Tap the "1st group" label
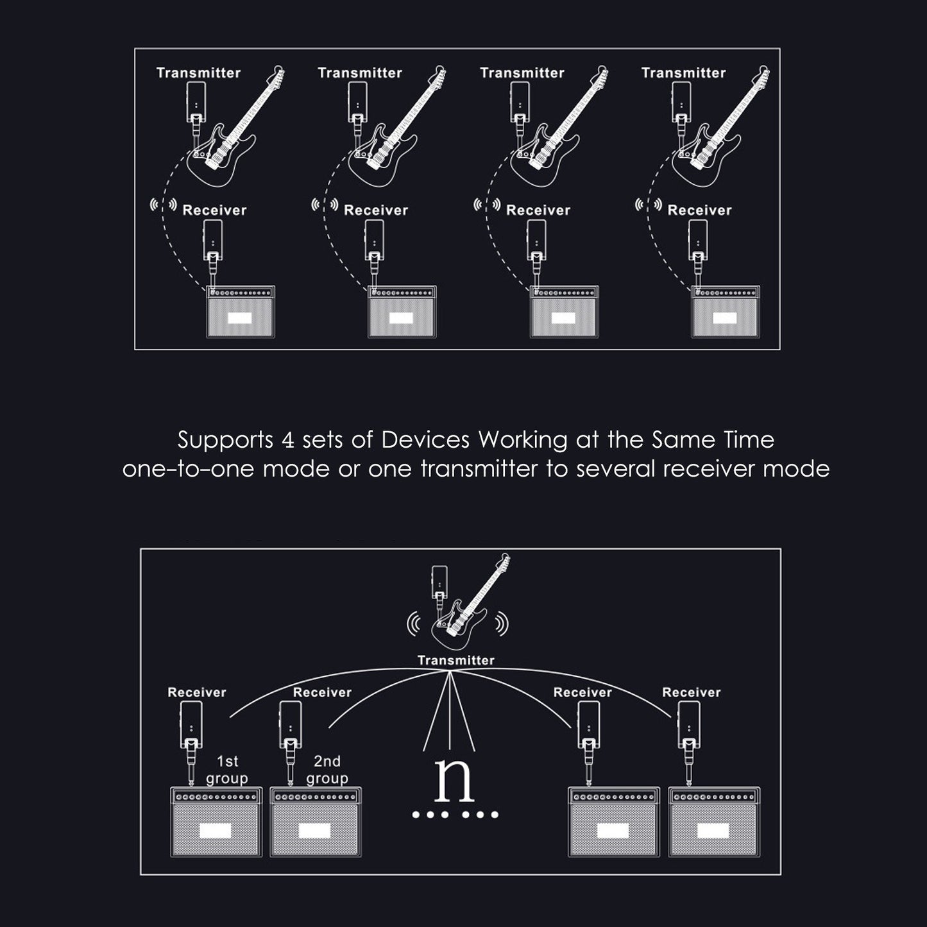(226, 770)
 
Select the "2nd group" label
(327, 770)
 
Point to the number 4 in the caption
(287, 440)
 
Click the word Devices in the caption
(425, 439)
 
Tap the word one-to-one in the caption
(188, 469)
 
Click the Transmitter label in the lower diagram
(455, 661)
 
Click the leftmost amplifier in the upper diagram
(241, 311)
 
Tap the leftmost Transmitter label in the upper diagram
(198, 73)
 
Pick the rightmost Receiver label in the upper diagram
(699, 210)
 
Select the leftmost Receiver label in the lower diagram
(197, 692)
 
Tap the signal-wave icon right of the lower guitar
(502, 624)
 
